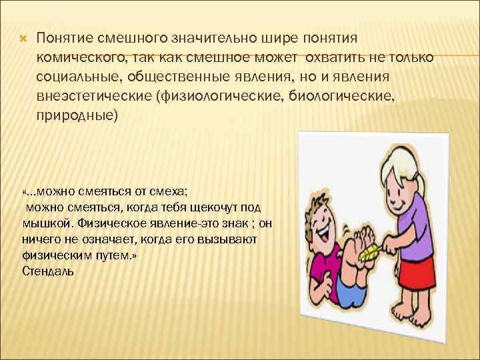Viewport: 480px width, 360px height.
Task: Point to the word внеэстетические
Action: pyautogui.click(x=94, y=98)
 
